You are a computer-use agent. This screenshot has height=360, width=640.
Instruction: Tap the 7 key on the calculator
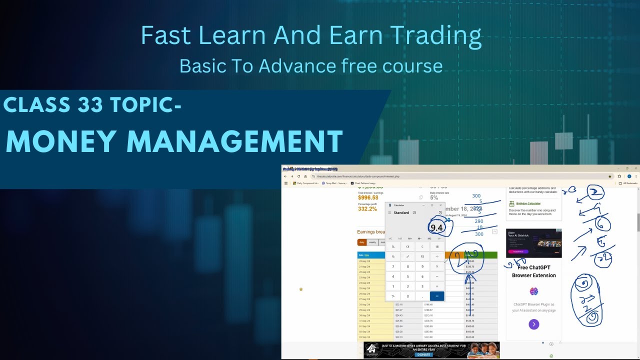393,266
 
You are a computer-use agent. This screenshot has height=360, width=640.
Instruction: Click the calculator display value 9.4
436,228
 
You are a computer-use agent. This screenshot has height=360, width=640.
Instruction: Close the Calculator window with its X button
440,205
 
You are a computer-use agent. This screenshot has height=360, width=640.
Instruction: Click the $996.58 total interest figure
368,197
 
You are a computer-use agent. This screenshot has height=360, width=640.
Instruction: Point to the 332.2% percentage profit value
367,209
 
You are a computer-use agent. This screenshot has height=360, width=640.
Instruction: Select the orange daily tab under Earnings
361,242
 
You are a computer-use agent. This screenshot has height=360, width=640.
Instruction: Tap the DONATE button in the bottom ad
423,354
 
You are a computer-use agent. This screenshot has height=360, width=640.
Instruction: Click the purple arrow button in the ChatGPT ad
533,324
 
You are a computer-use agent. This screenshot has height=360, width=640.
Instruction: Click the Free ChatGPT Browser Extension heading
533,272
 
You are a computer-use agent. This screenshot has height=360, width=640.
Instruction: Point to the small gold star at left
301,289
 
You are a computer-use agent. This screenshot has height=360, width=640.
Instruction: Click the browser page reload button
298,176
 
